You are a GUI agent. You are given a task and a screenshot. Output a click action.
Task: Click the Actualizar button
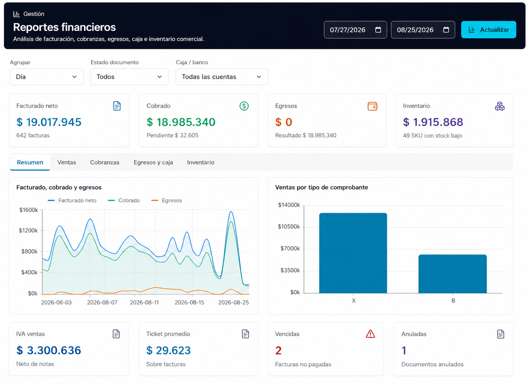point(488,30)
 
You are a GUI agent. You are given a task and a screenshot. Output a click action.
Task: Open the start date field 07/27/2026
point(355,30)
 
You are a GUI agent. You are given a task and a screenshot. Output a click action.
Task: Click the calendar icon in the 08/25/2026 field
point(446,30)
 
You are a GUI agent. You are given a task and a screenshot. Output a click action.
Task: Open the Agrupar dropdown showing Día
point(47,77)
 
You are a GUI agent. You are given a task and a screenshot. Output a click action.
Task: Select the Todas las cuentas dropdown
point(222,77)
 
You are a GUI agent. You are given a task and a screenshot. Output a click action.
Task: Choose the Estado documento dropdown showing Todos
point(130,77)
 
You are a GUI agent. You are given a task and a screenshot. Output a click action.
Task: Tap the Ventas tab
point(67,162)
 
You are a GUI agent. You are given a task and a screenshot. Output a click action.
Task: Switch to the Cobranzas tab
point(105,162)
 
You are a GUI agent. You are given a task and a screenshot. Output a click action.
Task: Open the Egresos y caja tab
point(153,162)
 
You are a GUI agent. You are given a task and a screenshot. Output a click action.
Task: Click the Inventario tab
point(200,162)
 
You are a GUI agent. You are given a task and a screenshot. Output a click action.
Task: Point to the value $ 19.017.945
point(49,122)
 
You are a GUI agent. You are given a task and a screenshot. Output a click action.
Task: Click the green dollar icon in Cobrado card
point(244,106)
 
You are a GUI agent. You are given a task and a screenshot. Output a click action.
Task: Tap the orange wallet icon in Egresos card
point(372,106)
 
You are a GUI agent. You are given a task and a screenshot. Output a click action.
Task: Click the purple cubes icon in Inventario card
point(499,106)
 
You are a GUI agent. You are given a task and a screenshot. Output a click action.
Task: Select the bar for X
point(353,253)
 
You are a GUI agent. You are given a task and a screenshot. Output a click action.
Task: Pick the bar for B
point(453,274)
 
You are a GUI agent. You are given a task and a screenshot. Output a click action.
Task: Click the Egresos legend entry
point(166,201)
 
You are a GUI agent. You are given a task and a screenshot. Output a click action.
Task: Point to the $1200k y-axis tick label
point(28,231)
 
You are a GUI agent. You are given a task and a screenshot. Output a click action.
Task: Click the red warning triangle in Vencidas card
point(370,334)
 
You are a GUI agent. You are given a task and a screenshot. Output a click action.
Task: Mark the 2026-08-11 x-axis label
point(144,303)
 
